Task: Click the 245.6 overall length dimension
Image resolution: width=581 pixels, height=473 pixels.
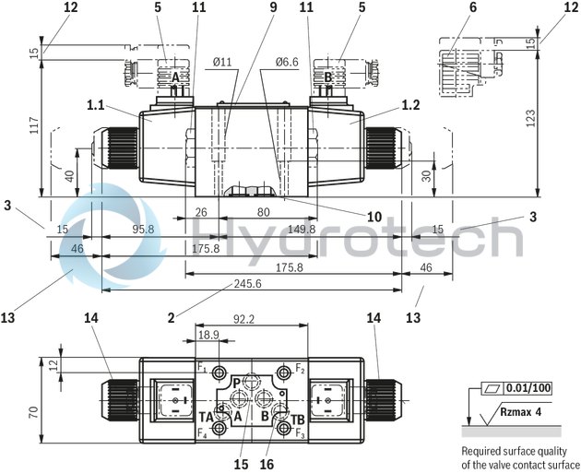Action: pos(246,283)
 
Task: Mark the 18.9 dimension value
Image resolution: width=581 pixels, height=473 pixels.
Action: pos(209,337)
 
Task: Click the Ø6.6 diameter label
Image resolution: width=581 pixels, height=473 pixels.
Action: pos(287,62)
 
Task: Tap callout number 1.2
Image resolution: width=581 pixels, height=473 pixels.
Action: pos(410,105)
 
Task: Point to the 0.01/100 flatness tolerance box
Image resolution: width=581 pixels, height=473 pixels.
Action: pos(528,388)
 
